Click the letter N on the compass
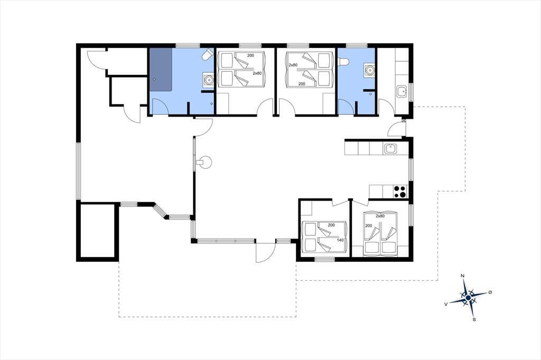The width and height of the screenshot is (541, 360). point(462,276)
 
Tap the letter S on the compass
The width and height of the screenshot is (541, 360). point(474,319)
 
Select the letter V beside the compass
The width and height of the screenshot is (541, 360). point(446,304)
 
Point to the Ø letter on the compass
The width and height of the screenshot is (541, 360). point(490,292)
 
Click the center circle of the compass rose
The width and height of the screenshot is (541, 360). point(468,298)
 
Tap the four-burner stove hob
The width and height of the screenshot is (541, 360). point(400,192)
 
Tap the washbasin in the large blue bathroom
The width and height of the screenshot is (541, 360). point(208,79)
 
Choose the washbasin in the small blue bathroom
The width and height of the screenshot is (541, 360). point(369,70)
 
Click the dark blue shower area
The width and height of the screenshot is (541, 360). point(161,69)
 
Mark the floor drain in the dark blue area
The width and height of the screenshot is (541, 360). point(154,79)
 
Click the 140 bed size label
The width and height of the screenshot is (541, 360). point(340,240)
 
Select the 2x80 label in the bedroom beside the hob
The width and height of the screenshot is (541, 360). point(380,216)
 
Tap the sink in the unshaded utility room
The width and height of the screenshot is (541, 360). point(401,92)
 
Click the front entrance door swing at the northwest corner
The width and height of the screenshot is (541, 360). point(96,60)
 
